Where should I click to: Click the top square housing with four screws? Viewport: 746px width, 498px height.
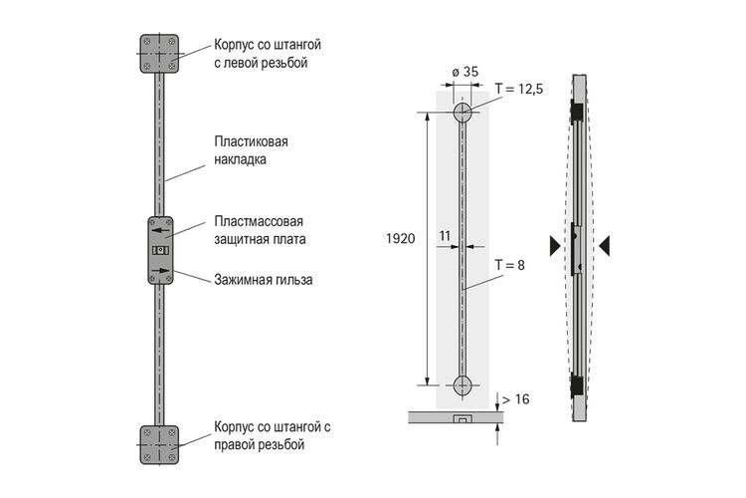(159, 54)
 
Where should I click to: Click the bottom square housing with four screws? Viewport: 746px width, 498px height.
(159, 445)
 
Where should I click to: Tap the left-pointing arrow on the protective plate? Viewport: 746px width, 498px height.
(160, 231)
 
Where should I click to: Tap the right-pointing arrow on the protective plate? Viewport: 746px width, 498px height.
(160, 271)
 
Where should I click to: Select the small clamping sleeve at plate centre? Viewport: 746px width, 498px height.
(160, 250)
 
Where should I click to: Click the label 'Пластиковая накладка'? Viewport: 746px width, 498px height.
(252, 150)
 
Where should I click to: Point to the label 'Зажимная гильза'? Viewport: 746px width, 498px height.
(264, 279)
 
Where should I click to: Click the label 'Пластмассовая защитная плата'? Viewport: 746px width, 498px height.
(260, 230)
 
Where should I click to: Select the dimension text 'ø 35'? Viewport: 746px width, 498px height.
(465, 72)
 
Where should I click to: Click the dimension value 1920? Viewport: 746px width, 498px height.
(401, 238)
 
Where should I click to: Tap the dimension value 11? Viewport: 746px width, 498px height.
(445, 236)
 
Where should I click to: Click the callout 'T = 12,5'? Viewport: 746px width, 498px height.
(518, 89)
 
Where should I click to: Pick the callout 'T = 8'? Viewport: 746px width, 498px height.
(509, 265)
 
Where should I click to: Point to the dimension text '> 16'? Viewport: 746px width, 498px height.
(515, 398)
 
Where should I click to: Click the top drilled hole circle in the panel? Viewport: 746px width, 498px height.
(463, 113)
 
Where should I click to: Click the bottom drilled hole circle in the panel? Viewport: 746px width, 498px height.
(463, 385)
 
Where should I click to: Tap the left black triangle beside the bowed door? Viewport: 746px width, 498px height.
(555, 246)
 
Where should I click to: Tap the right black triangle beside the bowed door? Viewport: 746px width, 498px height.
(604, 246)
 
